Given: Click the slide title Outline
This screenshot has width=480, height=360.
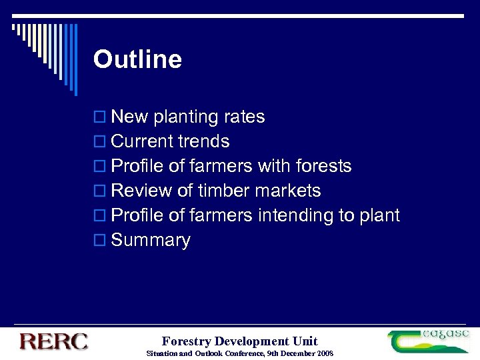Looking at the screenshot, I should [137, 59].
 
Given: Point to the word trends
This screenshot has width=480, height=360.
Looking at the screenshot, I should [204, 142].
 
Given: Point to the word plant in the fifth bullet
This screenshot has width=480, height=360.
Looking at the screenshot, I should [379, 216].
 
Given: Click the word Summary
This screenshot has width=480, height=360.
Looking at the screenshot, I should [151, 241].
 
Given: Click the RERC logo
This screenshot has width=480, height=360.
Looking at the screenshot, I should [53, 342].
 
